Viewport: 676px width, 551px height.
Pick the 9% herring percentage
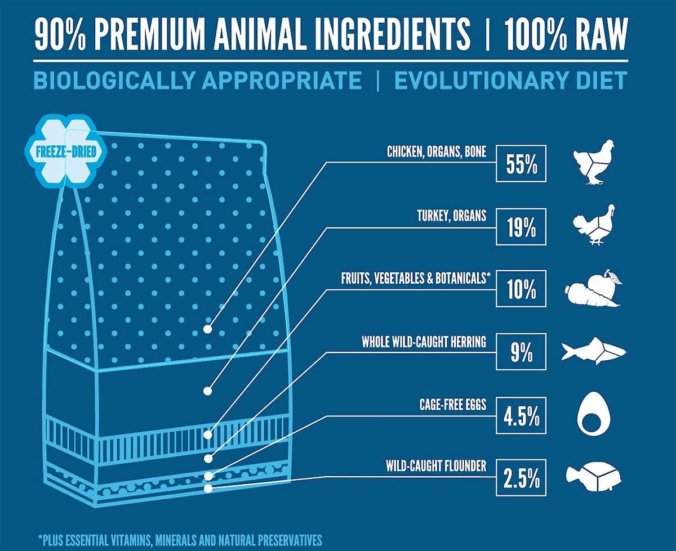[x=521, y=353]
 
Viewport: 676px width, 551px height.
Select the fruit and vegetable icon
[x=593, y=288]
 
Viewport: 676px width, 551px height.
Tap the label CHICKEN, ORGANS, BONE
[x=436, y=151]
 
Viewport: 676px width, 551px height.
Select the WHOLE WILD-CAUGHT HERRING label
[x=424, y=342]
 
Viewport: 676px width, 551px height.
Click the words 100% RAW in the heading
[x=566, y=35]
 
